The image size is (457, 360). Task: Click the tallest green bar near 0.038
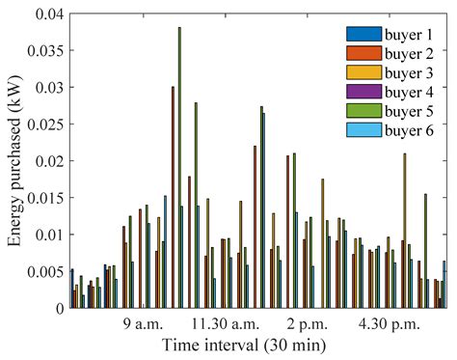point(179,164)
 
